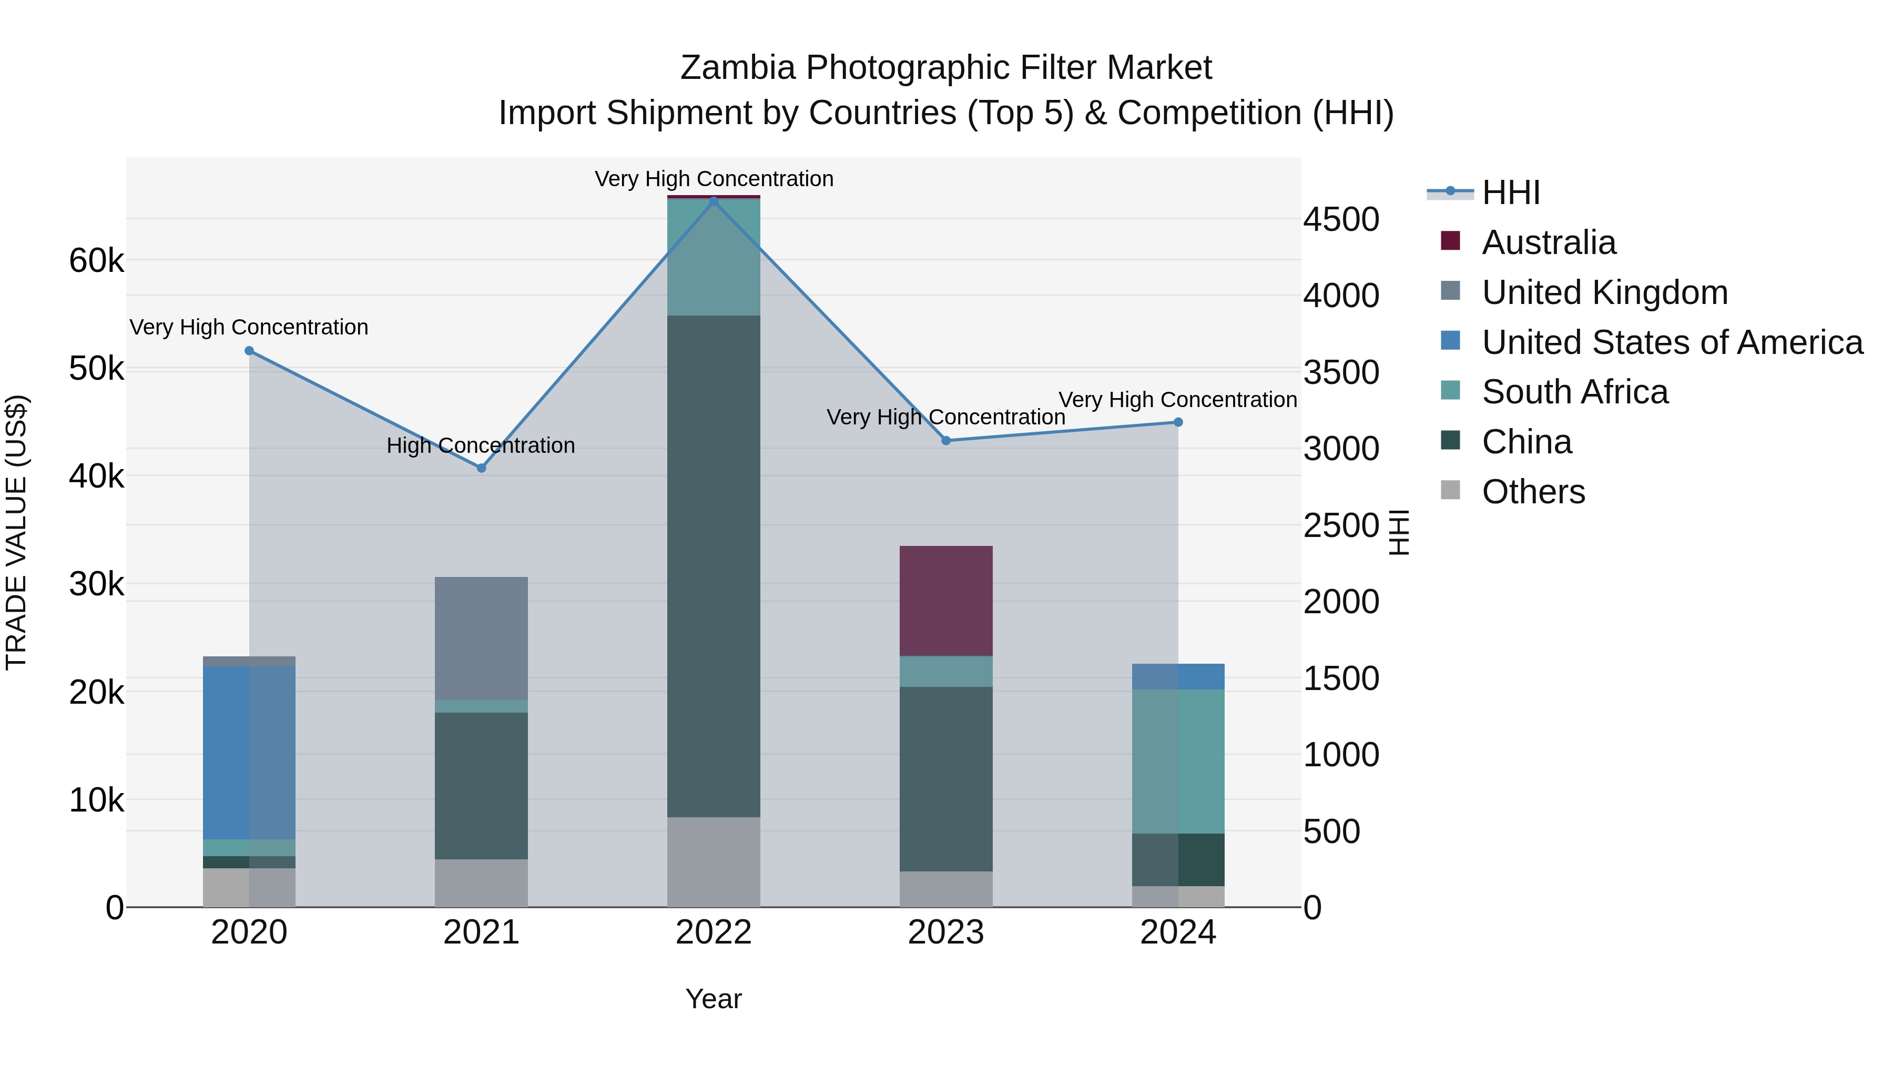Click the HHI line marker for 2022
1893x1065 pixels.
(x=714, y=201)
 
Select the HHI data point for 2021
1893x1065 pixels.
(x=481, y=468)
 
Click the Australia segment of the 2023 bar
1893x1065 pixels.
(x=946, y=601)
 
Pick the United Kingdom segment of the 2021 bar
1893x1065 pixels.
(x=481, y=638)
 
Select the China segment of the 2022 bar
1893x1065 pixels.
(x=714, y=566)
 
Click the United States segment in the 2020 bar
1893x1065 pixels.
(x=249, y=753)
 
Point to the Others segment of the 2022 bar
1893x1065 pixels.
(x=714, y=861)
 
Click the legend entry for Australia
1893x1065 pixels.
(x=1549, y=242)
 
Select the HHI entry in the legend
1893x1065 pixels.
(x=1510, y=192)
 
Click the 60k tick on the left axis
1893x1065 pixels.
(x=96, y=260)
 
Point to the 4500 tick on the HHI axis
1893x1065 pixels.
(x=1341, y=220)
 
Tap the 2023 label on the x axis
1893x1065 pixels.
(x=946, y=932)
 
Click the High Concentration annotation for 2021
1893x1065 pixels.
(x=481, y=445)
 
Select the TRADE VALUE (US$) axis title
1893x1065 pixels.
(x=16, y=532)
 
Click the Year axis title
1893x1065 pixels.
(x=714, y=999)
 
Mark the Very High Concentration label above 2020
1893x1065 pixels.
(x=249, y=327)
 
